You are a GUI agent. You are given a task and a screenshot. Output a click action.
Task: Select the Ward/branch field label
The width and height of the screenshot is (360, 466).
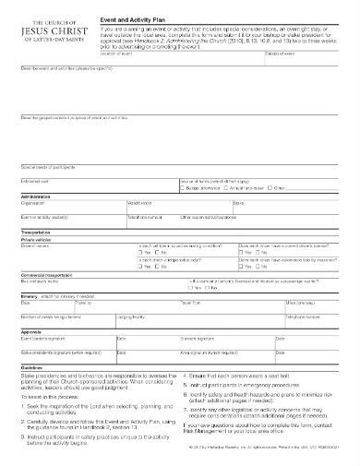[140, 203]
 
